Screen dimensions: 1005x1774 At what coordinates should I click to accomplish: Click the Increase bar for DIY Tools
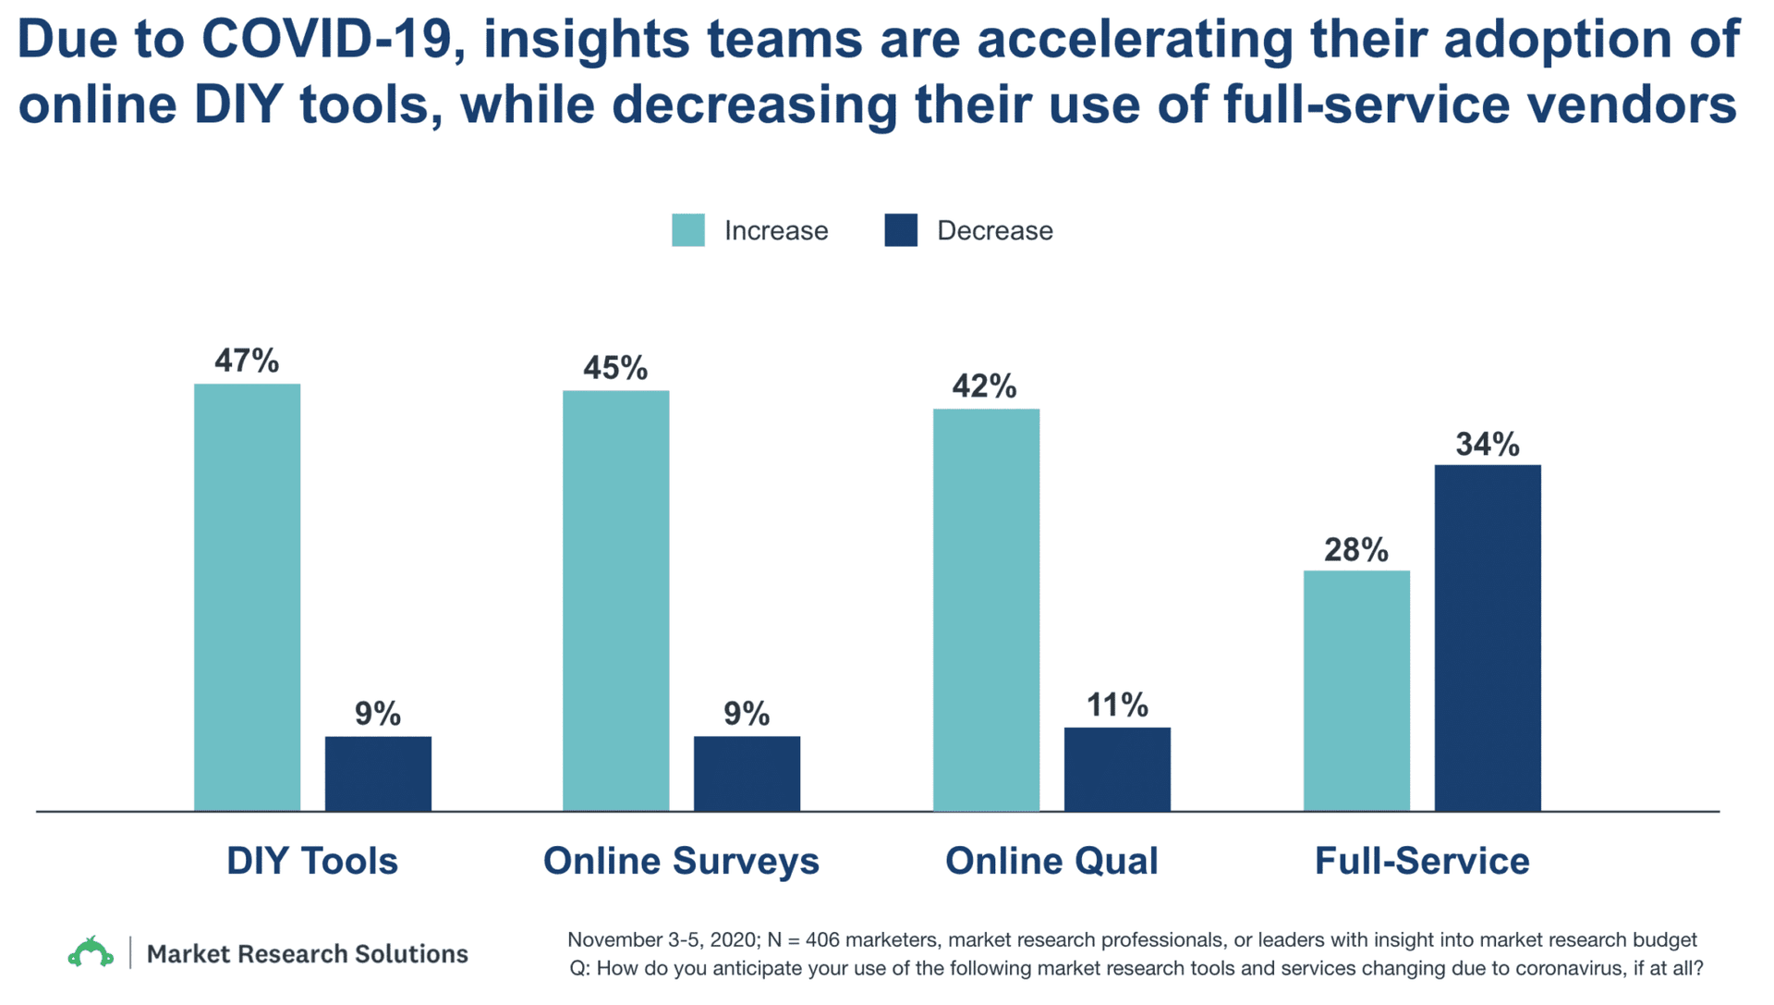coord(247,597)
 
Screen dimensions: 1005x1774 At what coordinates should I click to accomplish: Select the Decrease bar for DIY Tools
coord(378,774)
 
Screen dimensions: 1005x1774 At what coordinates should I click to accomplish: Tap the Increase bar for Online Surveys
coord(615,601)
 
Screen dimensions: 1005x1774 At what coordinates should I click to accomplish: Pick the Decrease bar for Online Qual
coord(1117,769)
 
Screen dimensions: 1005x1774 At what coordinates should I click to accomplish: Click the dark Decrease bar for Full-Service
coord(1488,638)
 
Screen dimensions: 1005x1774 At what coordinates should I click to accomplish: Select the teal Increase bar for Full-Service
coord(1356,691)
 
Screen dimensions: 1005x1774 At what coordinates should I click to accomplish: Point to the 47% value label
coord(247,361)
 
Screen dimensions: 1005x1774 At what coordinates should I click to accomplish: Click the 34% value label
coord(1488,445)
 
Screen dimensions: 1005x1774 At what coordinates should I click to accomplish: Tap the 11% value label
coord(1117,705)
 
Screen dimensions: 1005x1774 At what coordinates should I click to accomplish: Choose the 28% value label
coord(1356,550)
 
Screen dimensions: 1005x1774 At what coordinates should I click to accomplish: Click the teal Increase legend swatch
coord(687,230)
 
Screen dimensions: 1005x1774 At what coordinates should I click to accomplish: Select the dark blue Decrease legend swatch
coord(901,230)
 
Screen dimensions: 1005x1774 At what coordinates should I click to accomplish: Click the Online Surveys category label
coord(681,861)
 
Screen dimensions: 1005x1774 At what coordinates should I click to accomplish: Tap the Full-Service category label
coord(1422,861)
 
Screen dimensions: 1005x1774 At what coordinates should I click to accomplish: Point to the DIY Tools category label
coord(312,861)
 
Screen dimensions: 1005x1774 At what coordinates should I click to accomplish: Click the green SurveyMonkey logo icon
coord(91,952)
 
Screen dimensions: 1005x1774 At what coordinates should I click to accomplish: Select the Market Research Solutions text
coord(308,953)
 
